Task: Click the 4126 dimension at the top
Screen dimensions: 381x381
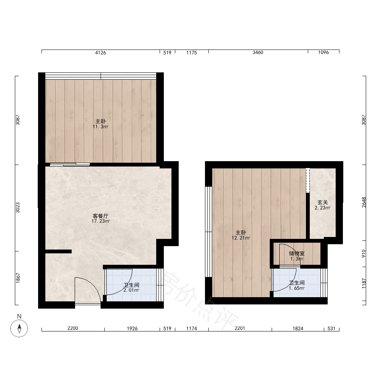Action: (100, 53)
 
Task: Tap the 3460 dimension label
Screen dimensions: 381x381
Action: (258, 53)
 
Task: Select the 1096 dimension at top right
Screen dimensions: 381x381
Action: (323, 53)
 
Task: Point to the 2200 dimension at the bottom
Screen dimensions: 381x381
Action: (73, 328)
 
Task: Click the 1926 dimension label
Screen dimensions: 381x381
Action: (132, 328)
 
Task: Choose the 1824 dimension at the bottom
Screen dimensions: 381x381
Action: (298, 328)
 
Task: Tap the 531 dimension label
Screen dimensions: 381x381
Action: (331, 328)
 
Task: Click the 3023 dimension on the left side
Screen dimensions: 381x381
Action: (18, 208)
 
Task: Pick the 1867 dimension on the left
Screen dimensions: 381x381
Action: (18, 278)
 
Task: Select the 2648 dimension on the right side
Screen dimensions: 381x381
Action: (364, 202)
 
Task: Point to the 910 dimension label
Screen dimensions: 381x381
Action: (364, 254)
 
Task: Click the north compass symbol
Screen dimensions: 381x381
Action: (19, 328)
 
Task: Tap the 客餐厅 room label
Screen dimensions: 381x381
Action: (100, 216)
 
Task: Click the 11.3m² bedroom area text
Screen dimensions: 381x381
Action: (100, 126)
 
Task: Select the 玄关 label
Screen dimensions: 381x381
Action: (323, 202)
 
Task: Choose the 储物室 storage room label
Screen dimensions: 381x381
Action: (297, 253)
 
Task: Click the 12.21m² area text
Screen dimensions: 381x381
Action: (241, 238)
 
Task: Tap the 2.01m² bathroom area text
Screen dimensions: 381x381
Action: (131, 290)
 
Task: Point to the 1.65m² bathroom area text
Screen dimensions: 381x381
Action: (297, 288)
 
